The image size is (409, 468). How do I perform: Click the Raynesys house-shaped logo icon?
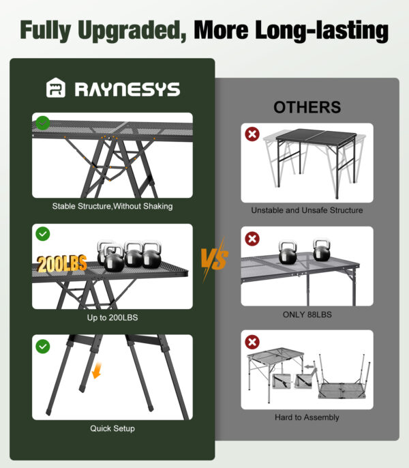(x=56, y=88)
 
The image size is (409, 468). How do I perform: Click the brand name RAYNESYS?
(x=127, y=89)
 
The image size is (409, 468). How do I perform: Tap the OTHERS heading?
(x=307, y=107)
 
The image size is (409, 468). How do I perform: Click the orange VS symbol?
(x=215, y=259)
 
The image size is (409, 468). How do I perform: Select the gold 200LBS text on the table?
(x=62, y=264)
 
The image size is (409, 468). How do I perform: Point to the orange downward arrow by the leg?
(x=97, y=370)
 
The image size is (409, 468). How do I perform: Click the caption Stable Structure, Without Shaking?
(x=112, y=206)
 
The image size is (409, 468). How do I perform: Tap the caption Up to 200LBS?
(x=112, y=318)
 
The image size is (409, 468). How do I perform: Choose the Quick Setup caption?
(x=112, y=428)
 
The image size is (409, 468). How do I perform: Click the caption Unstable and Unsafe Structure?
(x=307, y=210)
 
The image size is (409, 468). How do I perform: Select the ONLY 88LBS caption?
(x=307, y=315)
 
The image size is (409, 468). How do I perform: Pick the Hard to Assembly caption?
(x=307, y=418)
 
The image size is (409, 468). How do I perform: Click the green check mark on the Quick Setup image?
(x=43, y=347)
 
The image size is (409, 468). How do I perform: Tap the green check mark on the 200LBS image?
(x=43, y=234)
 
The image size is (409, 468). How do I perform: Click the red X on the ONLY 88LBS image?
(x=252, y=239)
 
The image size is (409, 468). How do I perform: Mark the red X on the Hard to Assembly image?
(x=252, y=342)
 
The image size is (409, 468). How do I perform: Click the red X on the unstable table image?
(x=252, y=134)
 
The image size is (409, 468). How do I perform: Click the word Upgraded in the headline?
(x=132, y=30)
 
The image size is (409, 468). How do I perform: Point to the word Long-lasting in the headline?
(x=322, y=30)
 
